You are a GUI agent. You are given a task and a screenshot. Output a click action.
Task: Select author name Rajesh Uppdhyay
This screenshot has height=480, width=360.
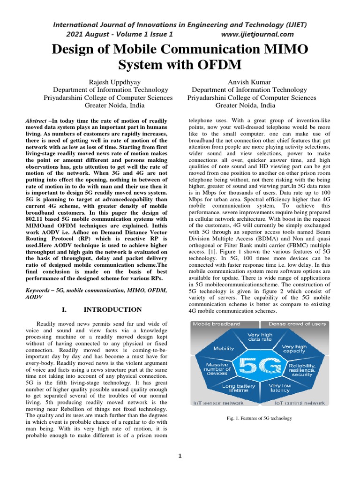[x=108, y=82]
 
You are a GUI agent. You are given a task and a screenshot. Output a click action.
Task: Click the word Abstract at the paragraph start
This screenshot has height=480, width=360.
[x=36, y=121]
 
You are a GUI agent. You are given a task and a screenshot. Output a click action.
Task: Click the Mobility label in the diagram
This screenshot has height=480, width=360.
[x=224, y=348]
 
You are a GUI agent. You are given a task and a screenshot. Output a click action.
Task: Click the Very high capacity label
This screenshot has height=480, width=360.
[x=294, y=349]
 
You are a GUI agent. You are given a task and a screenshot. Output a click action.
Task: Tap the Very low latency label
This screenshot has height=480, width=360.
[x=280, y=388]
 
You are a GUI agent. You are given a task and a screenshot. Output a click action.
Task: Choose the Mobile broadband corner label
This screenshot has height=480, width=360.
[x=217, y=324]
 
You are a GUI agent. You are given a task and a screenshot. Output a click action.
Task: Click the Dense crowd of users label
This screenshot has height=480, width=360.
[x=297, y=324]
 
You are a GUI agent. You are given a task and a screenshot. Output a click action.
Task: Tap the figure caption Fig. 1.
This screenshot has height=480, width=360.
[x=258, y=418]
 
